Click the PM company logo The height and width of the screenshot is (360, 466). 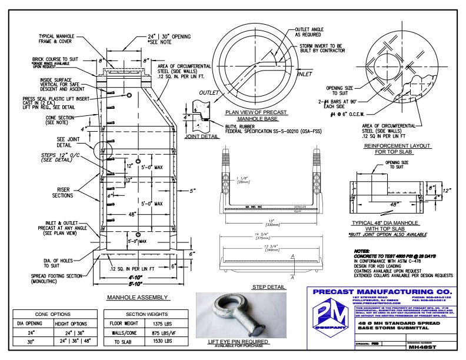pyautogui.click(x=324, y=322)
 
